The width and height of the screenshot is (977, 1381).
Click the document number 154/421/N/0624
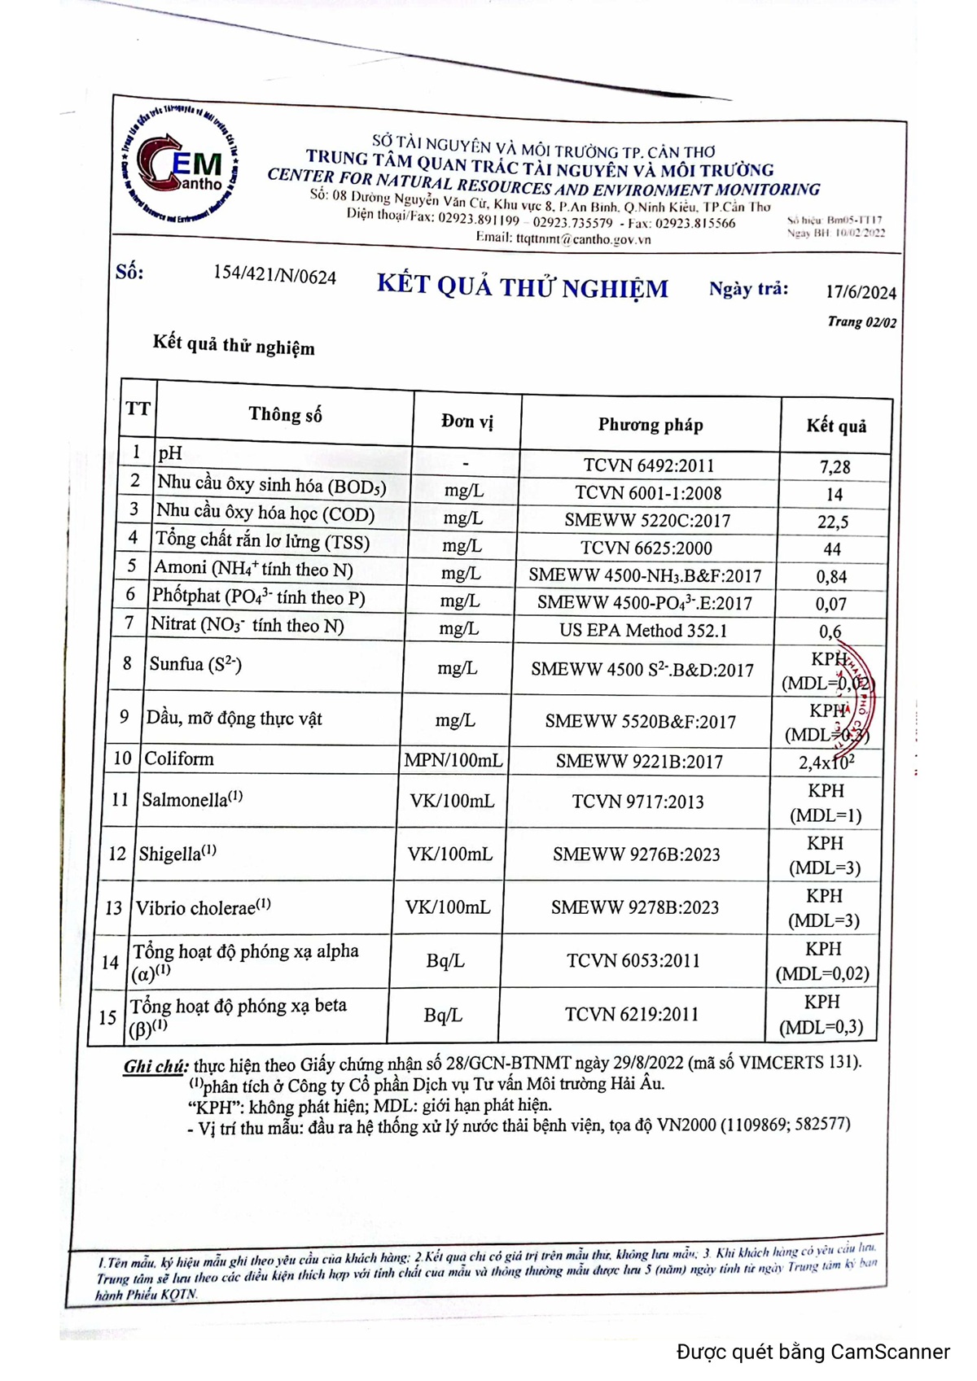(x=274, y=275)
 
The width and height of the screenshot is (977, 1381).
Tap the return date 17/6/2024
(x=861, y=292)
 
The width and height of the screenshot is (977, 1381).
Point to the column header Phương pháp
(x=650, y=424)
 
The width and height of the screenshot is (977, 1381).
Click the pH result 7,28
(x=835, y=467)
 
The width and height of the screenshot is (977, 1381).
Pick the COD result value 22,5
(x=832, y=522)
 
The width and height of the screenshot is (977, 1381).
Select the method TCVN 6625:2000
(x=646, y=548)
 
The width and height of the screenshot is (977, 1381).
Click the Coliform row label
(x=179, y=758)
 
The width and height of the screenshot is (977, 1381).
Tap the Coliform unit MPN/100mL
(x=453, y=760)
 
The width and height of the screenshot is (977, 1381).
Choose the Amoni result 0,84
(x=831, y=577)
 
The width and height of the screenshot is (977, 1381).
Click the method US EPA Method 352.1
(x=642, y=631)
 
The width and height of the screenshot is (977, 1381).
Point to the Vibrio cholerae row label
(x=203, y=907)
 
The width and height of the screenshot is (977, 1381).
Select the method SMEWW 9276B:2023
(x=636, y=854)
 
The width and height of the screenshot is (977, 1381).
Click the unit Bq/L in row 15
(x=443, y=1015)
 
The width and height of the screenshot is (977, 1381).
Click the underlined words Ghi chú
(x=156, y=1066)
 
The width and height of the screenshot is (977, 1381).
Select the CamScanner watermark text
(x=813, y=1352)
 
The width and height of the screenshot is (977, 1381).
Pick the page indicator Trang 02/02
(x=861, y=322)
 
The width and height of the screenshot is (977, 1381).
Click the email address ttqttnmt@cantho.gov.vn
(x=583, y=239)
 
